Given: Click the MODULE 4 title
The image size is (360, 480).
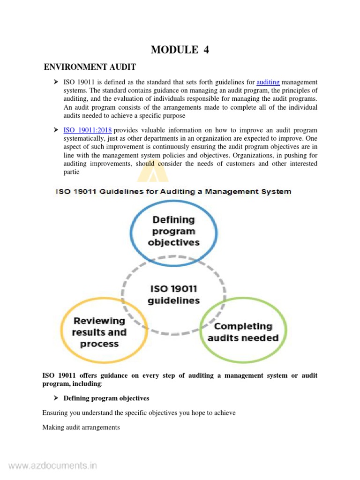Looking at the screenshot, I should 180,50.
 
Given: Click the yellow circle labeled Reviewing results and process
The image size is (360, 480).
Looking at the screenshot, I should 99,332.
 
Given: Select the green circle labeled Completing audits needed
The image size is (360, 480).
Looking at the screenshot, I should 243,332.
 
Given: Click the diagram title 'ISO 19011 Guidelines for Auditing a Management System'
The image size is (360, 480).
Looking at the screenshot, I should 173,191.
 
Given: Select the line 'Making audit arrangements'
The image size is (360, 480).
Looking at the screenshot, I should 81,427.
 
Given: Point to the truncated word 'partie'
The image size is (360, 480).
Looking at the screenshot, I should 73,172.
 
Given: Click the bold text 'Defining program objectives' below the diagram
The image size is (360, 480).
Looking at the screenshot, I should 106,398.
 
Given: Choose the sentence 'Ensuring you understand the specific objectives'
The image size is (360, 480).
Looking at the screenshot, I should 139,412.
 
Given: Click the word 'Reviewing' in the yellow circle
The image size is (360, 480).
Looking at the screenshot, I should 99,321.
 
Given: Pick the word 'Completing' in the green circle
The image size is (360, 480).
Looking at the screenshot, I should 243,326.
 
